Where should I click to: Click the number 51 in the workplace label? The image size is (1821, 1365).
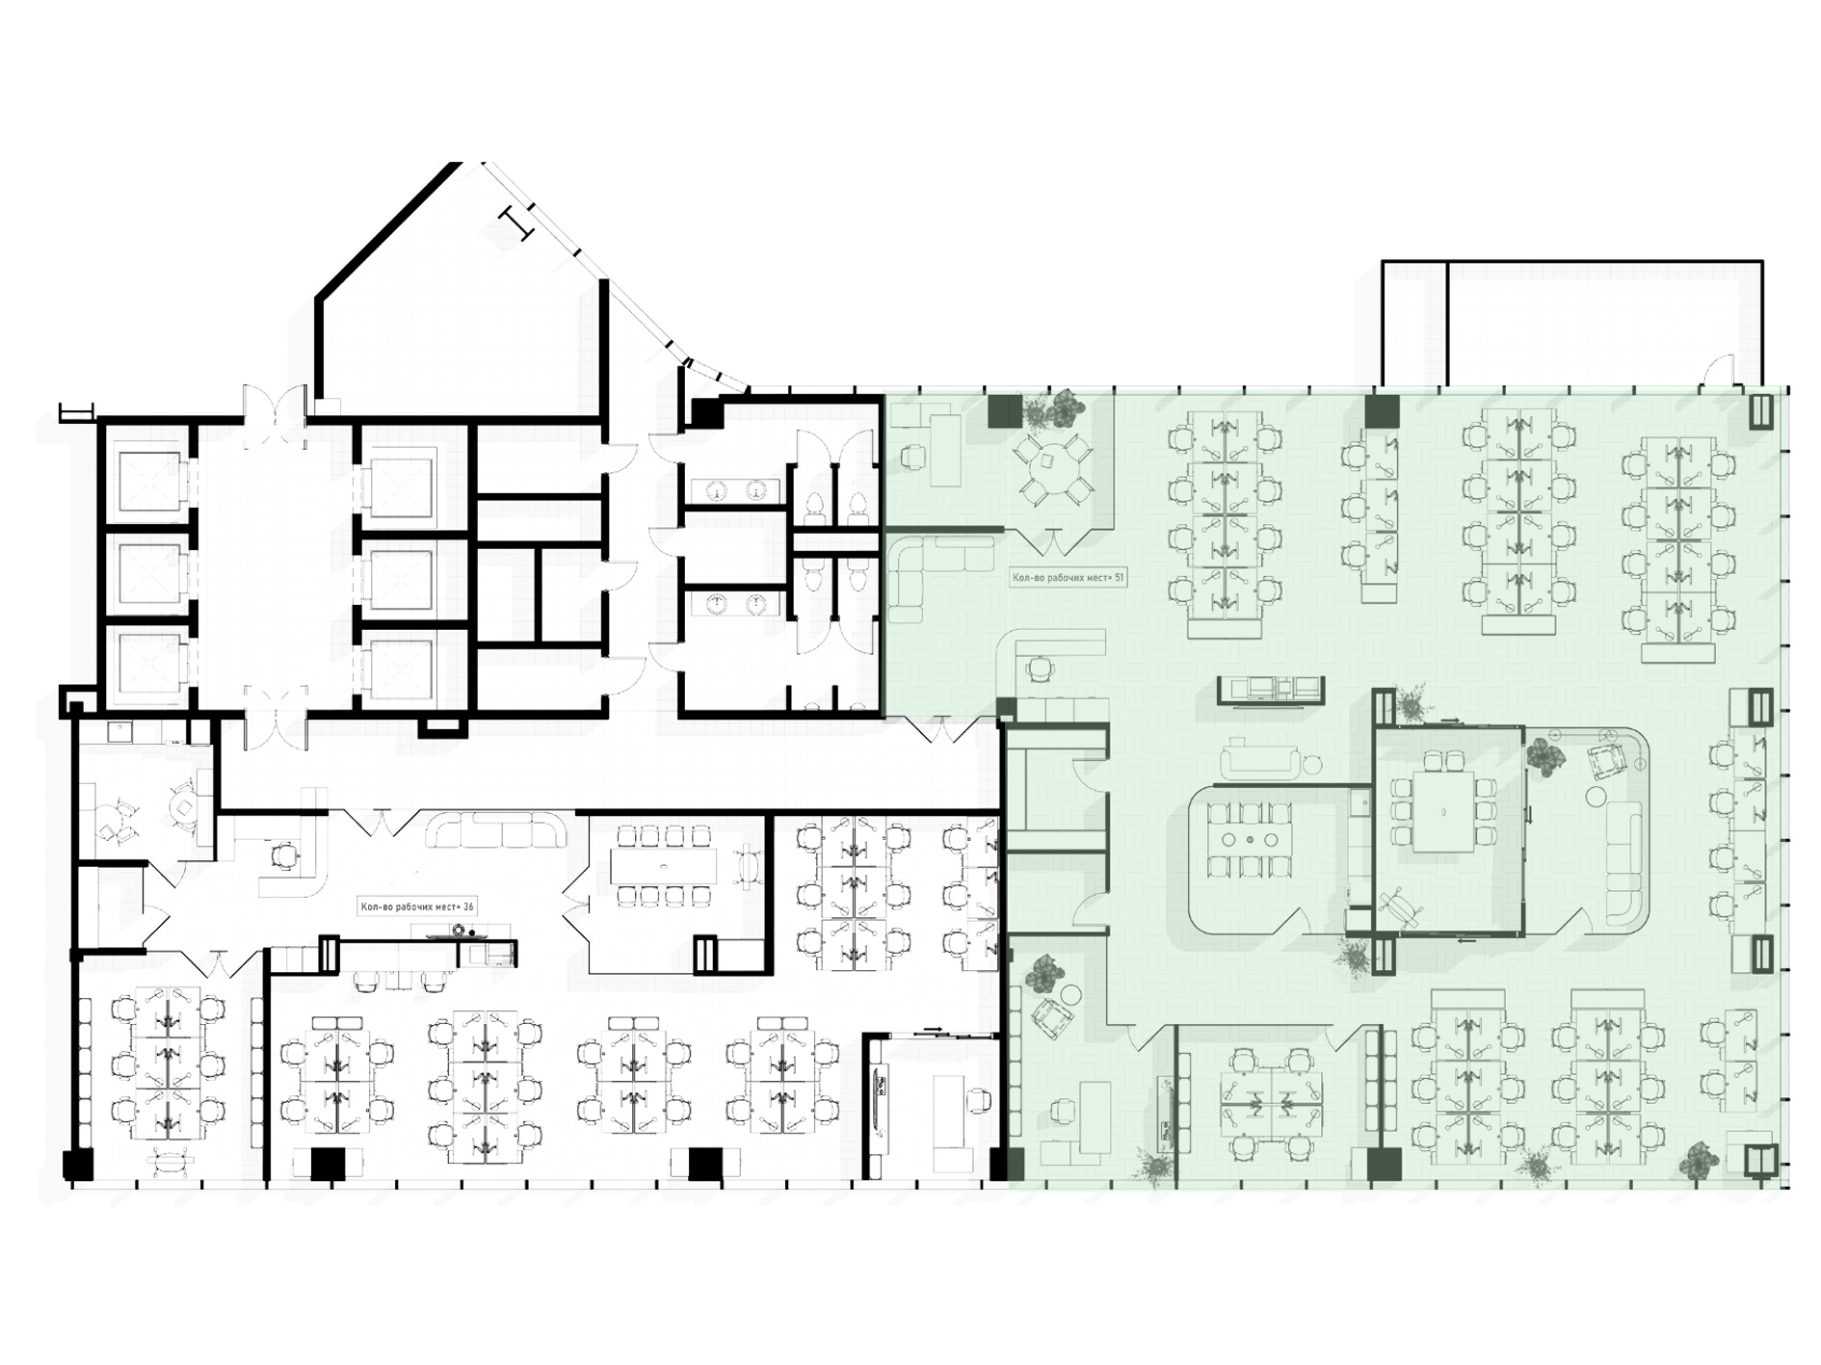(x=1118, y=578)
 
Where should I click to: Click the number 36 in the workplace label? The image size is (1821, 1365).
(x=467, y=906)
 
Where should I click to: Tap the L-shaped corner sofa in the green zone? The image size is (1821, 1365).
(x=939, y=578)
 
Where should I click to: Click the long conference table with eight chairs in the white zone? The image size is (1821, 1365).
(x=664, y=865)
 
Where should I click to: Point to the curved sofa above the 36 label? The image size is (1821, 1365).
(x=496, y=830)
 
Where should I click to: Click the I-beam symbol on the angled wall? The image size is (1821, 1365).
(x=516, y=223)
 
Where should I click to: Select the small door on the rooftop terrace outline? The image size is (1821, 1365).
(x=1719, y=371)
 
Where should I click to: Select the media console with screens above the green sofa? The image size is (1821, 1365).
(x=1270, y=691)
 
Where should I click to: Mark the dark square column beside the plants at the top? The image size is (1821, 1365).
(x=1005, y=411)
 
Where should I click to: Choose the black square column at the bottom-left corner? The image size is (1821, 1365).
(x=79, y=1165)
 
